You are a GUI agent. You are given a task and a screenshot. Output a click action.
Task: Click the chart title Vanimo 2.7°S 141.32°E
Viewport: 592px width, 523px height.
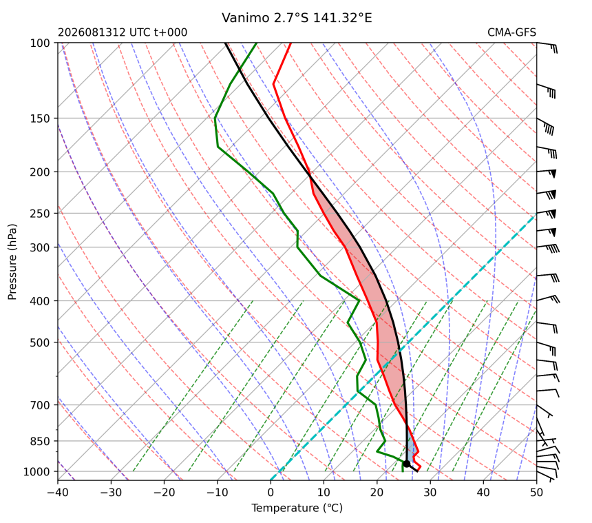coord(297,18)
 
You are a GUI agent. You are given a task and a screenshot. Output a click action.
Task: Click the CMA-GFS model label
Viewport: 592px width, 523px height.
coord(511,32)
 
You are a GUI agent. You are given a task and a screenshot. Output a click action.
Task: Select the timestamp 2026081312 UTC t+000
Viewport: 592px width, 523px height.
coord(123,32)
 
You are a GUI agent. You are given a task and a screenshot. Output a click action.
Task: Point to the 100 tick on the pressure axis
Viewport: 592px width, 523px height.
coord(40,43)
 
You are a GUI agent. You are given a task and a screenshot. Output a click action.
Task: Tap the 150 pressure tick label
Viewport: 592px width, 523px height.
coord(40,119)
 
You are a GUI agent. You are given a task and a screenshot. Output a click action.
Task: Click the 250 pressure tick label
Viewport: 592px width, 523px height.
coord(40,214)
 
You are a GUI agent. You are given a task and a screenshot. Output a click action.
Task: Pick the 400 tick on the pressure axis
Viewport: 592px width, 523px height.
coord(40,301)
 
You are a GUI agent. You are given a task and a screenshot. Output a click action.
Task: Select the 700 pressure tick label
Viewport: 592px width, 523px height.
coord(40,405)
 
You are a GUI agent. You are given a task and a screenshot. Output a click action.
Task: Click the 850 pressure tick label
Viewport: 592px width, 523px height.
coord(40,441)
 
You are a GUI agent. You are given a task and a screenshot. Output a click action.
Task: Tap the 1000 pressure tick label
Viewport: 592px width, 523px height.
coord(37,471)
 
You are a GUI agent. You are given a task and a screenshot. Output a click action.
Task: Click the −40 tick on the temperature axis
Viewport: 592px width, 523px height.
coord(58,493)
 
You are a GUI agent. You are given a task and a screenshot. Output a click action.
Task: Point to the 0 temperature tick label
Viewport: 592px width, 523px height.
coord(271,493)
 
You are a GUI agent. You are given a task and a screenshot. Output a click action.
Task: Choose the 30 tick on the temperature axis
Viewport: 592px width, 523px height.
coord(430,493)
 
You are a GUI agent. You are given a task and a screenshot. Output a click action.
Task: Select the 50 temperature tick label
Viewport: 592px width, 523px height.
coord(536,493)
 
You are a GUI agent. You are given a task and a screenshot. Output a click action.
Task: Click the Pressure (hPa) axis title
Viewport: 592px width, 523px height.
coord(12,262)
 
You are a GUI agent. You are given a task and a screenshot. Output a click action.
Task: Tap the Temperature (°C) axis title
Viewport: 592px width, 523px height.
coord(297,508)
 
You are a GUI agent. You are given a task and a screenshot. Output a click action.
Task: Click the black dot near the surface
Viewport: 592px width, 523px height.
coord(406,464)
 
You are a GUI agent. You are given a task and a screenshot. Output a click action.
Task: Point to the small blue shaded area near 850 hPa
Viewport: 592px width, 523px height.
coord(412,450)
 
